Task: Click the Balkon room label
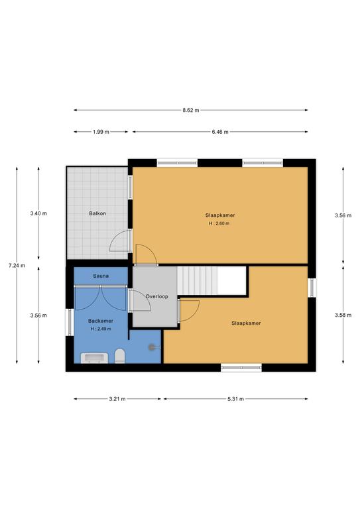click(x=98, y=213)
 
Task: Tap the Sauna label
click(x=101, y=274)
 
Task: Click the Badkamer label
click(x=101, y=321)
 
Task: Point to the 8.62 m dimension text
click(x=191, y=110)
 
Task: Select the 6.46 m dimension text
click(x=220, y=132)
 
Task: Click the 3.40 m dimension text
click(x=38, y=213)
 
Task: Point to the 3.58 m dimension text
click(x=343, y=315)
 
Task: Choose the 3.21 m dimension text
click(x=117, y=399)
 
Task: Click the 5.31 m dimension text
click(x=235, y=399)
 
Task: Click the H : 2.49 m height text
click(x=101, y=329)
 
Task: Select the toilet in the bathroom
click(x=119, y=357)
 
